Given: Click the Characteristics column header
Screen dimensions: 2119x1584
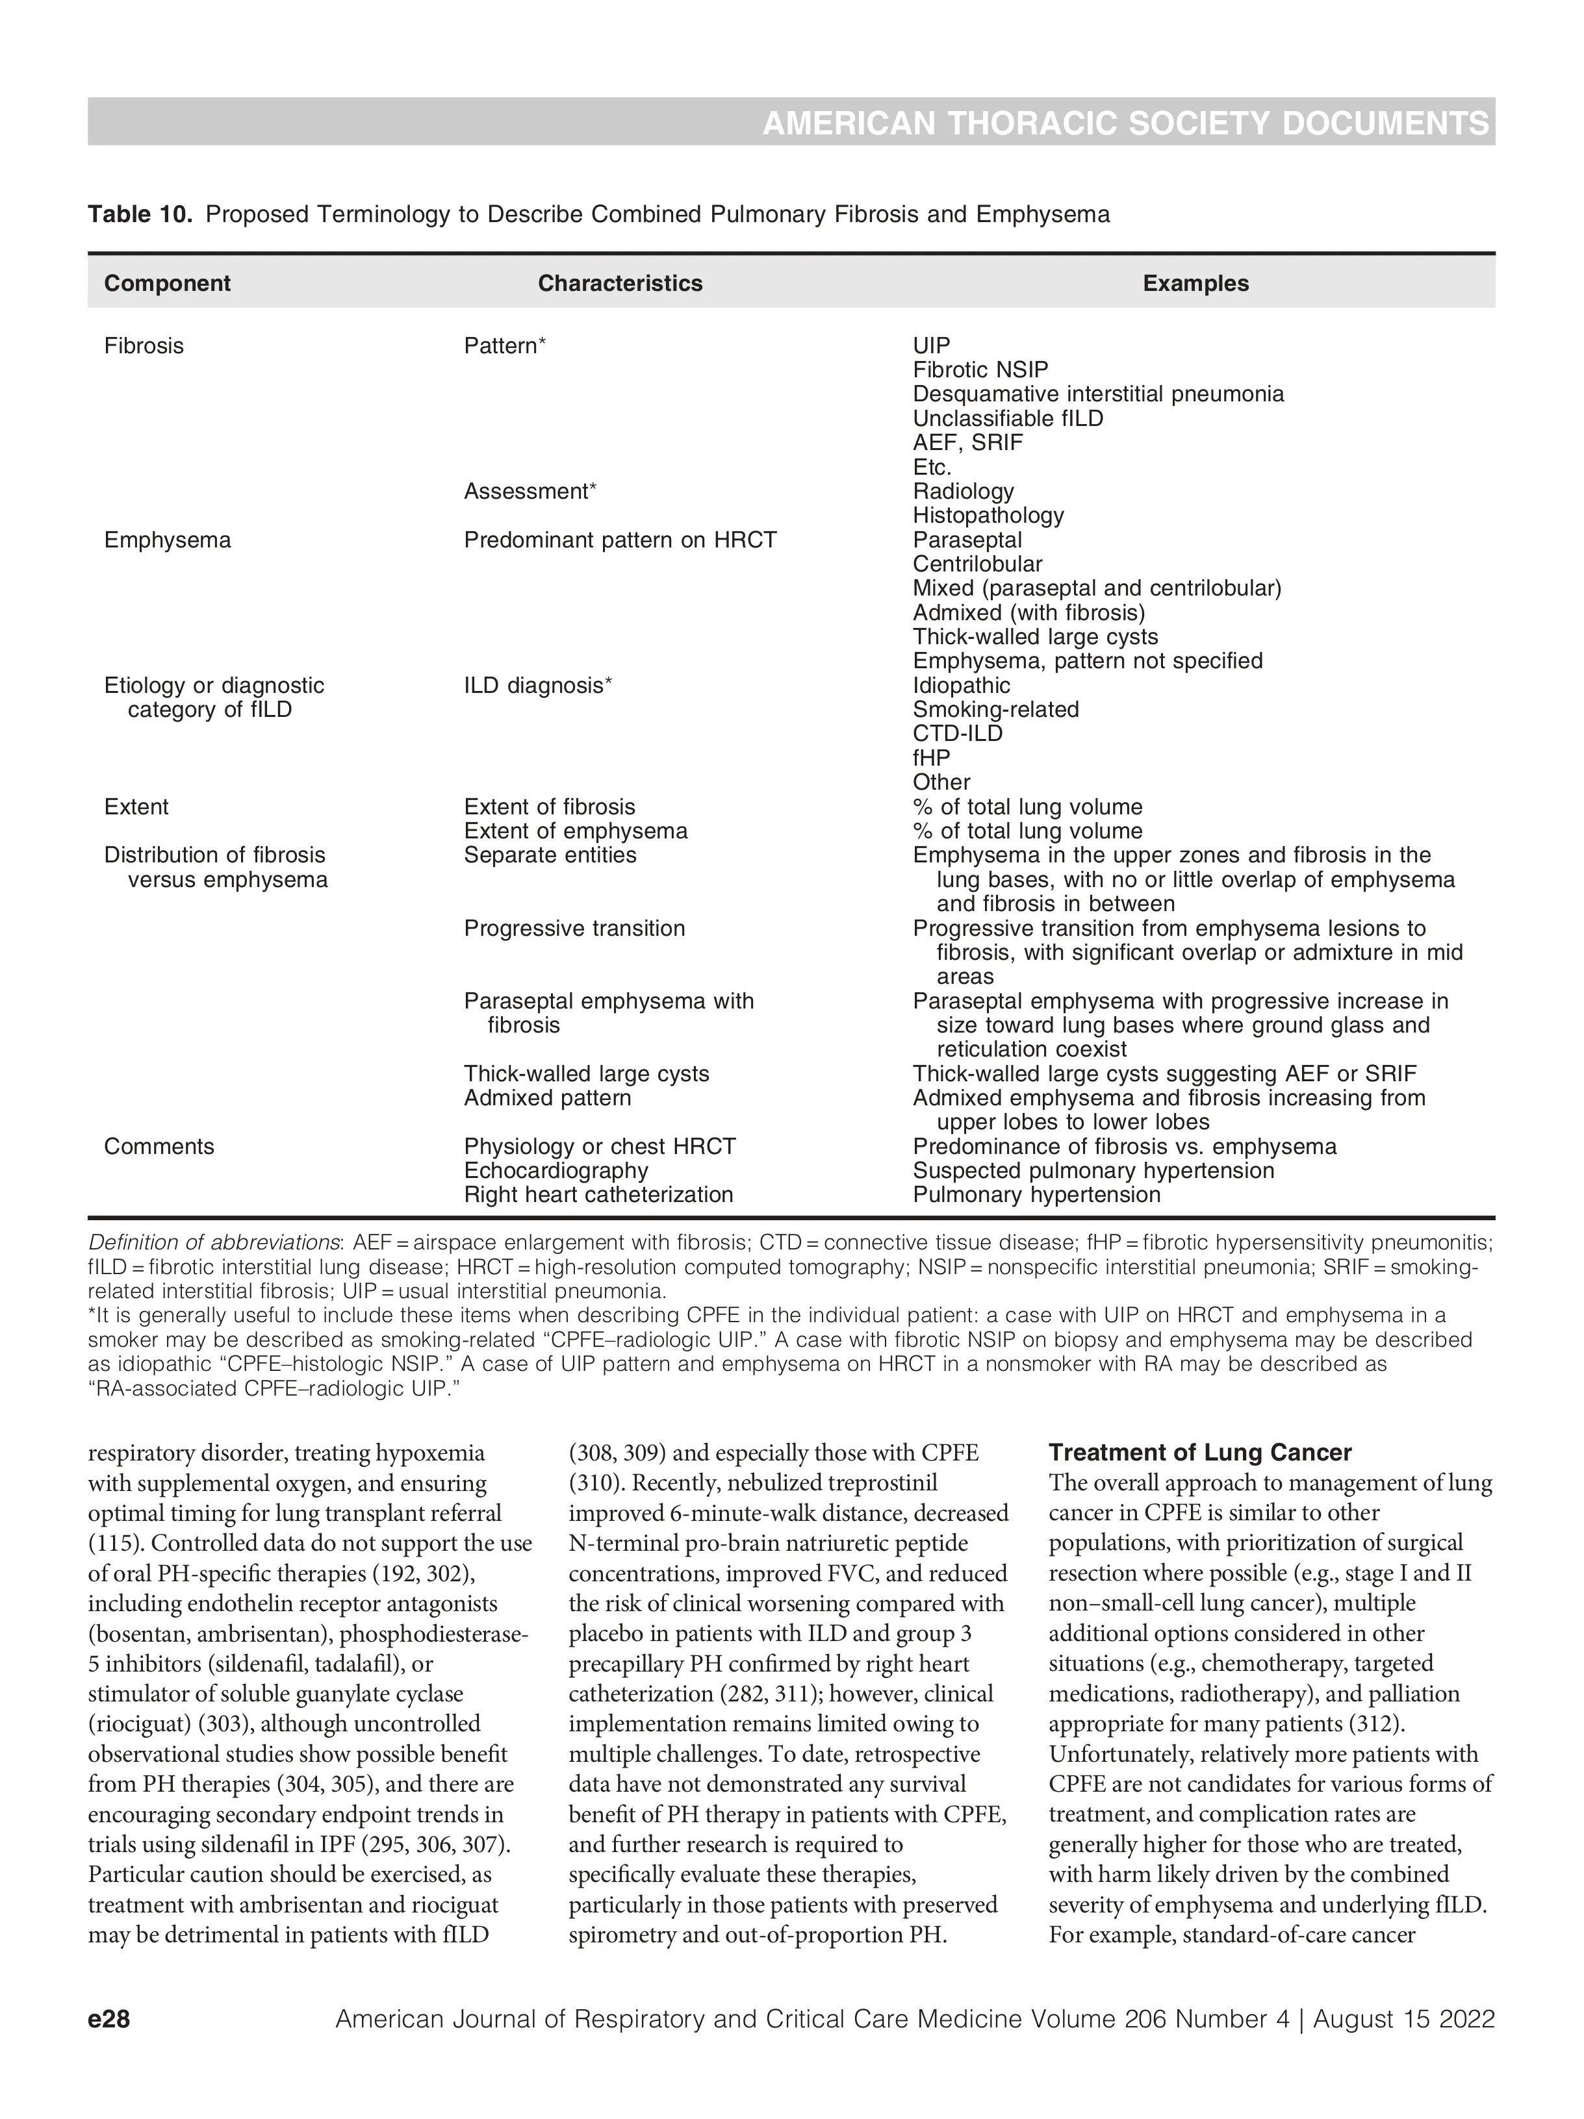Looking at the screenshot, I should [x=620, y=284].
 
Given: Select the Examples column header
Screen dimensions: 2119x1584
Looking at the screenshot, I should [x=1195, y=284].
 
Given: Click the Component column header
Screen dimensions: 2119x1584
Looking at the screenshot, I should [x=167, y=284].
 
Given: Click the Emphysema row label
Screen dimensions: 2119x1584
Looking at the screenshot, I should [x=167, y=540].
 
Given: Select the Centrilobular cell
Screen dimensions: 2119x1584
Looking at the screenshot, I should [x=977, y=564].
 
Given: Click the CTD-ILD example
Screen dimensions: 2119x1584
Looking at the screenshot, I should [x=957, y=734].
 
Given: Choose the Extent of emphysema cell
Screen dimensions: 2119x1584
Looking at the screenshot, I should [x=575, y=831].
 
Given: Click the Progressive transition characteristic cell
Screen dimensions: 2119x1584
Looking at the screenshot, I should [x=574, y=928].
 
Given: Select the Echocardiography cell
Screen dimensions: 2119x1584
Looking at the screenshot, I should [x=556, y=1171].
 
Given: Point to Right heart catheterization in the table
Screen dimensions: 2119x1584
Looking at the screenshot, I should [x=598, y=1194].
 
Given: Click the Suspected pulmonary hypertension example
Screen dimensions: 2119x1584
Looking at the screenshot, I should [x=1092, y=1171].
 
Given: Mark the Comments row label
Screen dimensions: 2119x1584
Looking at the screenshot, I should [x=159, y=1147].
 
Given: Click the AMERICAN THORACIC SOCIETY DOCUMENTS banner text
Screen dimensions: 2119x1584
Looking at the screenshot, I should [x=1125, y=123].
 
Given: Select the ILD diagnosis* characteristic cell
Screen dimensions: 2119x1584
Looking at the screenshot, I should [x=537, y=686].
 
